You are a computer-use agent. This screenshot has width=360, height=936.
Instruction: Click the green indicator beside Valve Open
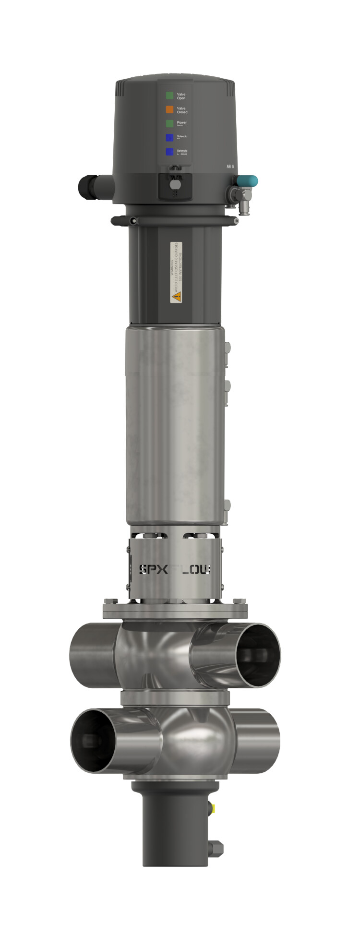click(x=169, y=96)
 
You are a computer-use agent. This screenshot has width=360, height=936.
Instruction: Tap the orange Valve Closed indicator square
click(x=169, y=109)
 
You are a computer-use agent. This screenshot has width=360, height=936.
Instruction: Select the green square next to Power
click(x=169, y=123)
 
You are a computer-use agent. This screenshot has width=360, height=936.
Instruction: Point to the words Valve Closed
click(x=182, y=110)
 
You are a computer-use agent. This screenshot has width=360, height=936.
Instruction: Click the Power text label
click(x=181, y=123)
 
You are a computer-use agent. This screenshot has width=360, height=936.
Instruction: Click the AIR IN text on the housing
click(x=230, y=167)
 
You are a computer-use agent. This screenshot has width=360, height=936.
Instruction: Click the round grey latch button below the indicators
click(x=176, y=185)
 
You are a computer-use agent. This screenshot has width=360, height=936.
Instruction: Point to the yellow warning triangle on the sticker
click(x=176, y=297)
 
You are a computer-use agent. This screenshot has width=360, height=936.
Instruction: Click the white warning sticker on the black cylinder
click(x=176, y=272)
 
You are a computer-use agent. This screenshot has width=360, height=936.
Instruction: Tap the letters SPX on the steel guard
click(x=153, y=569)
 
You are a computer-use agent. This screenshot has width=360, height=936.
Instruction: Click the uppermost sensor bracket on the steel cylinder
click(x=227, y=348)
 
